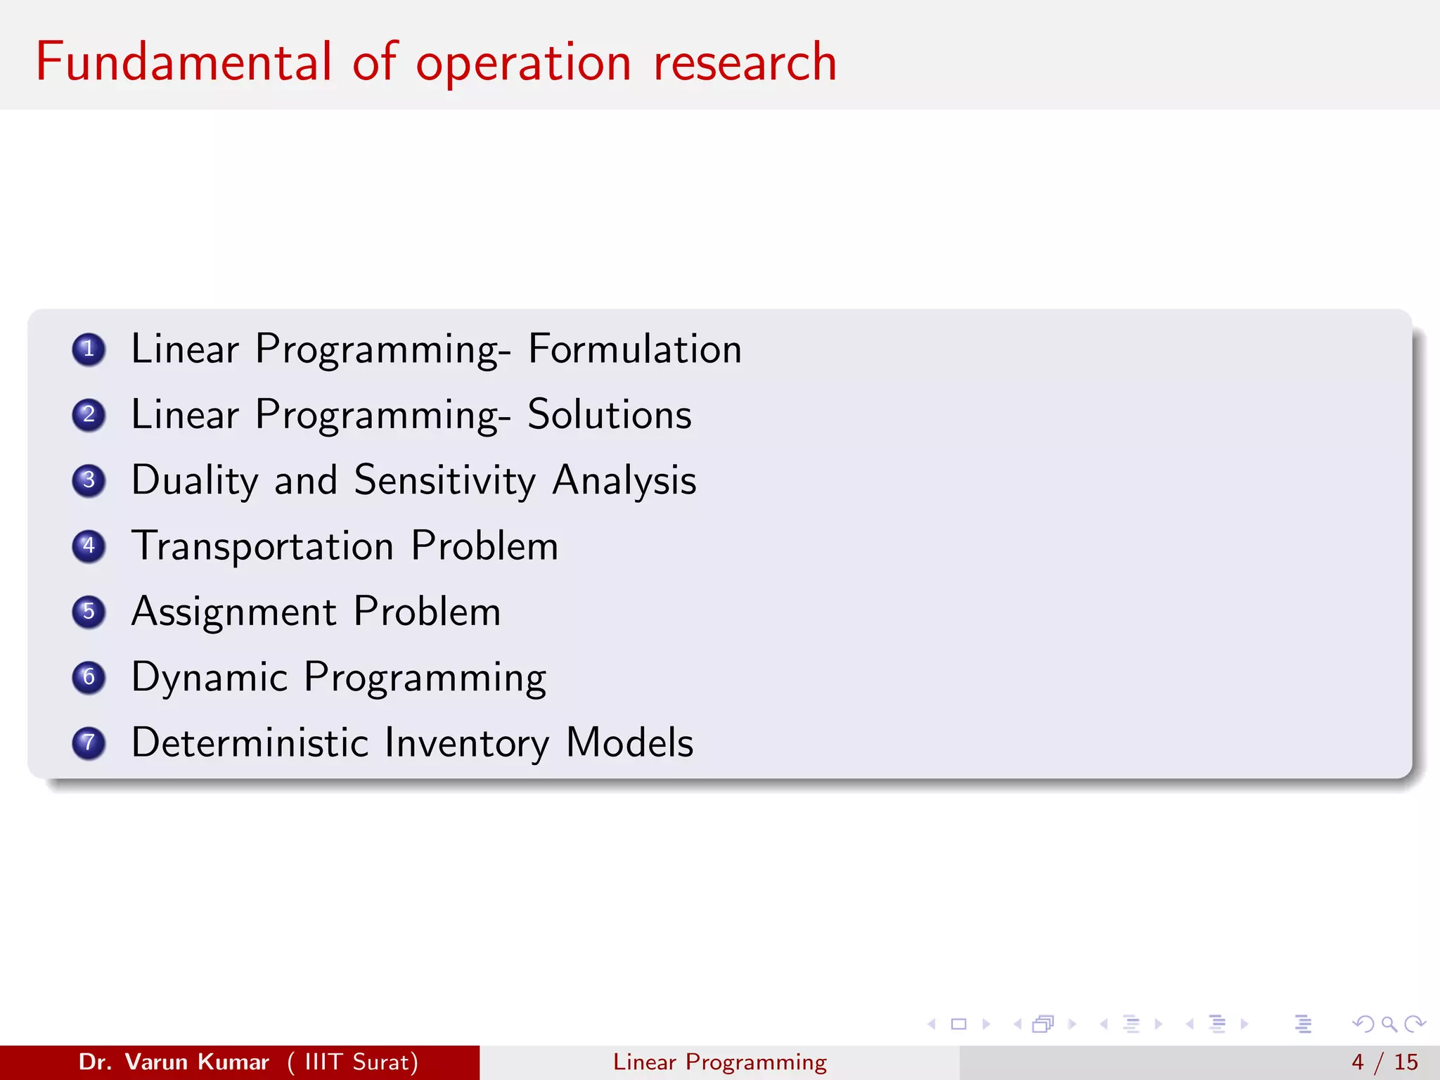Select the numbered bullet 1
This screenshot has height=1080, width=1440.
click(89, 349)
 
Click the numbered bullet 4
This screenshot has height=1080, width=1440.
click(89, 546)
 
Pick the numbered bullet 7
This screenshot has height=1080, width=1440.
click(89, 743)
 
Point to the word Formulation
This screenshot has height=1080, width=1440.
click(634, 349)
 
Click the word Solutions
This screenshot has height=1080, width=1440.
click(609, 415)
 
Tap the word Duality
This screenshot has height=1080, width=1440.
click(195, 481)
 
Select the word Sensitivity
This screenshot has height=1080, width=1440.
click(444, 481)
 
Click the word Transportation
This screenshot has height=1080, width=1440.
click(262, 546)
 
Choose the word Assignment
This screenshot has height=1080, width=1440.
click(233, 612)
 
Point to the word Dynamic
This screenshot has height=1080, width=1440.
click(209, 678)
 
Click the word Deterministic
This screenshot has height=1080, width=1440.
click(250, 743)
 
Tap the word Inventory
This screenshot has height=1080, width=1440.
click(467, 743)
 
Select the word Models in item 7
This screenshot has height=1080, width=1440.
click(629, 743)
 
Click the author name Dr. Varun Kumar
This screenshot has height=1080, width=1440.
click(174, 1062)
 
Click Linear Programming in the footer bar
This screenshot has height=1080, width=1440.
click(719, 1062)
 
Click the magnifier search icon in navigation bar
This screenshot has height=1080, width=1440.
click(1389, 1024)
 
